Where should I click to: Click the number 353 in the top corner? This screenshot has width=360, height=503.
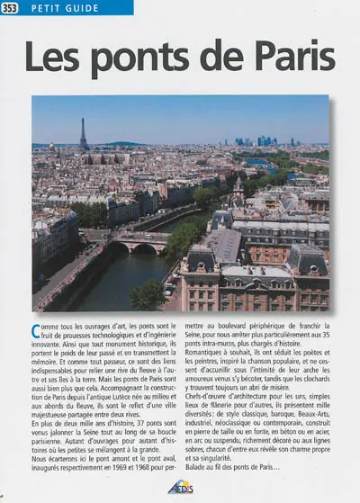[11, 8]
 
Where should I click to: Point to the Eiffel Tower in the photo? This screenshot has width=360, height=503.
[83, 133]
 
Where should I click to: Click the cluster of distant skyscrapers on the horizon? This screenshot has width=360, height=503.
[266, 140]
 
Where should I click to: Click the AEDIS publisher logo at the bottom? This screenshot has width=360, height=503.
[181, 488]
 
